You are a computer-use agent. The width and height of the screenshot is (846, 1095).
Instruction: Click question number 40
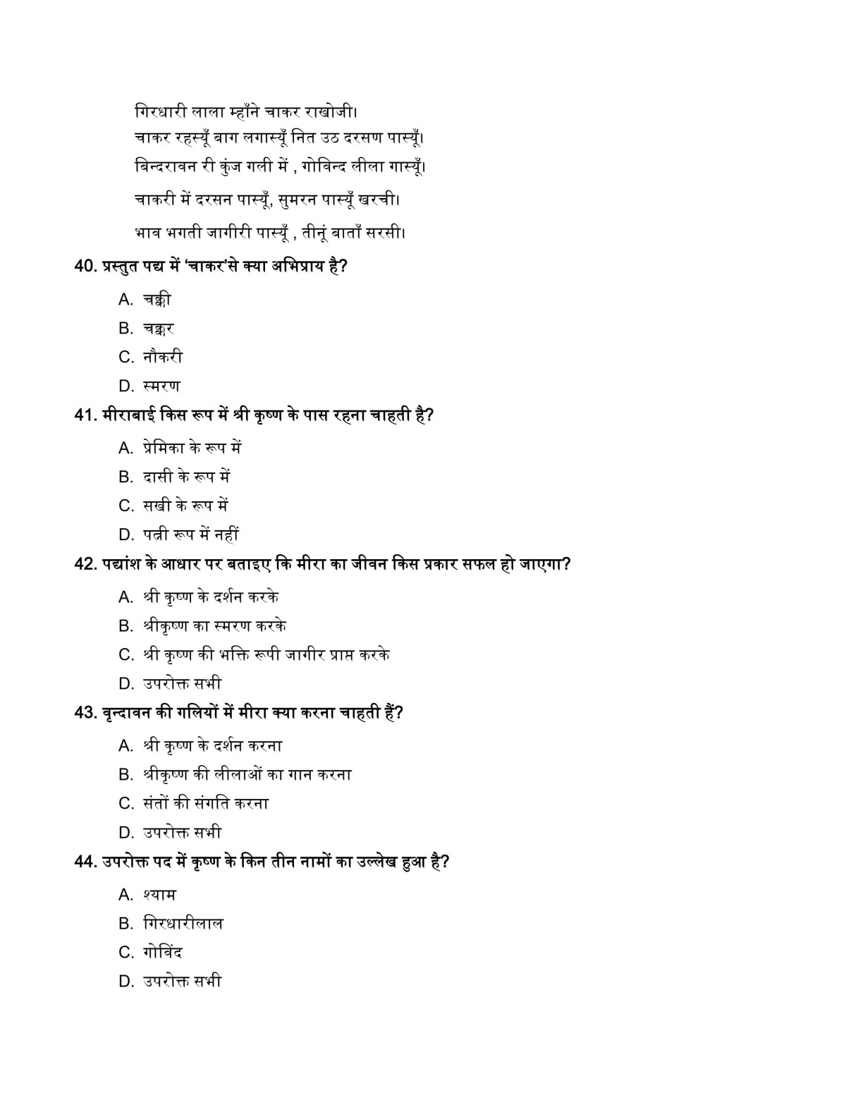click(85, 267)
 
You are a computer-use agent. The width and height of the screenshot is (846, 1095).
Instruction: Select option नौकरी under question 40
click(162, 357)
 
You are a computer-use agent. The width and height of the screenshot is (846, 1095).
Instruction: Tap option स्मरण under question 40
click(161, 386)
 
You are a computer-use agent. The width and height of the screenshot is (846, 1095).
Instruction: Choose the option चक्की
click(157, 300)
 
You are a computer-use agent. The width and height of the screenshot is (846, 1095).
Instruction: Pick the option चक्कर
click(158, 329)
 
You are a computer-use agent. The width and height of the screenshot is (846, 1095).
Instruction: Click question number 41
click(85, 415)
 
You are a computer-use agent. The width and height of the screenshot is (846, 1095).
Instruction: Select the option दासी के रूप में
click(186, 477)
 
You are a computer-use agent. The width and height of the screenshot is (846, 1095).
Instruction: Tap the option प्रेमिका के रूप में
click(192, 448)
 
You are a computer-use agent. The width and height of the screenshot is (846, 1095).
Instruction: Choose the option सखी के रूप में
click(185, 506)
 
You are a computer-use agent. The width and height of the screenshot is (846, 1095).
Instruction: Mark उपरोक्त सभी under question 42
click(182, 684)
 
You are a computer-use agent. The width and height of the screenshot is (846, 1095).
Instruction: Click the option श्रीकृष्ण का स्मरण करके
click(214, 626)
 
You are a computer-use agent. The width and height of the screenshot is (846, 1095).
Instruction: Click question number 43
click(85, 713)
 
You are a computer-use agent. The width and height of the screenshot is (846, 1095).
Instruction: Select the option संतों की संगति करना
click(205, 804)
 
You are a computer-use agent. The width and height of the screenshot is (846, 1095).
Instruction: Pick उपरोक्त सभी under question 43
click(182, 833)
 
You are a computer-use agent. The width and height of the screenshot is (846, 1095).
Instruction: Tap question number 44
click(85, 862)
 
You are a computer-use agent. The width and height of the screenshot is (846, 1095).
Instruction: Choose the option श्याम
click(159, 895)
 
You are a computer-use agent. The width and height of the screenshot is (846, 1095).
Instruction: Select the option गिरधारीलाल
click(183, 924)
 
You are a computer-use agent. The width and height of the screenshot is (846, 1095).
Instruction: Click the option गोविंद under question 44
click(162, 953)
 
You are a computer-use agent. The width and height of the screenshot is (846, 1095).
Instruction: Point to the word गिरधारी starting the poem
click(160, 111)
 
